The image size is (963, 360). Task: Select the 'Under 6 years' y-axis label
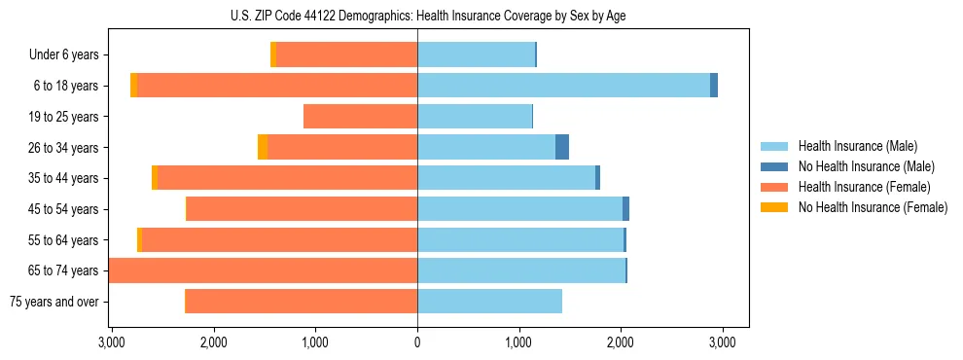point(63,54)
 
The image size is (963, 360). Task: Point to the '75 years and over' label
point(54,302)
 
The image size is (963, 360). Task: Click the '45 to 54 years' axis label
point(59,209)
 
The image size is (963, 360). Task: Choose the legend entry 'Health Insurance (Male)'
point(856,146)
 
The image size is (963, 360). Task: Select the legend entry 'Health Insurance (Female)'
point(864,187)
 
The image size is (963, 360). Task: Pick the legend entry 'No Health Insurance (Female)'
point(873,207)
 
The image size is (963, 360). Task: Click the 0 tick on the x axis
point(417,342)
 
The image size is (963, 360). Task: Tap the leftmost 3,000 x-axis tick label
point(111,342)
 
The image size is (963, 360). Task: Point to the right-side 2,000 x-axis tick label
point(621,342)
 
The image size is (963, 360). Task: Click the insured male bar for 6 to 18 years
point(564,86)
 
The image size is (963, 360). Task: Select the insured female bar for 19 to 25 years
point(360,117)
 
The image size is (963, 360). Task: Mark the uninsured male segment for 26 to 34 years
point(562,147)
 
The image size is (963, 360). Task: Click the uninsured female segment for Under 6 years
point(273,54)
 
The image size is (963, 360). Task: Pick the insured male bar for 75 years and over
point(489,302)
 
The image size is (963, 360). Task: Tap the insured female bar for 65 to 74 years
point(263,270)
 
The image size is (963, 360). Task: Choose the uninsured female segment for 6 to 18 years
point(133,86)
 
